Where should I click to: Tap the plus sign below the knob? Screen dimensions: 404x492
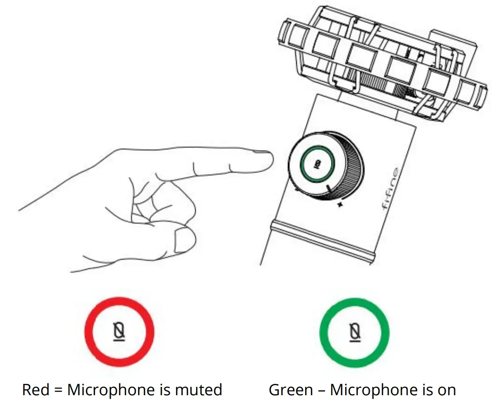point(340,205)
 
